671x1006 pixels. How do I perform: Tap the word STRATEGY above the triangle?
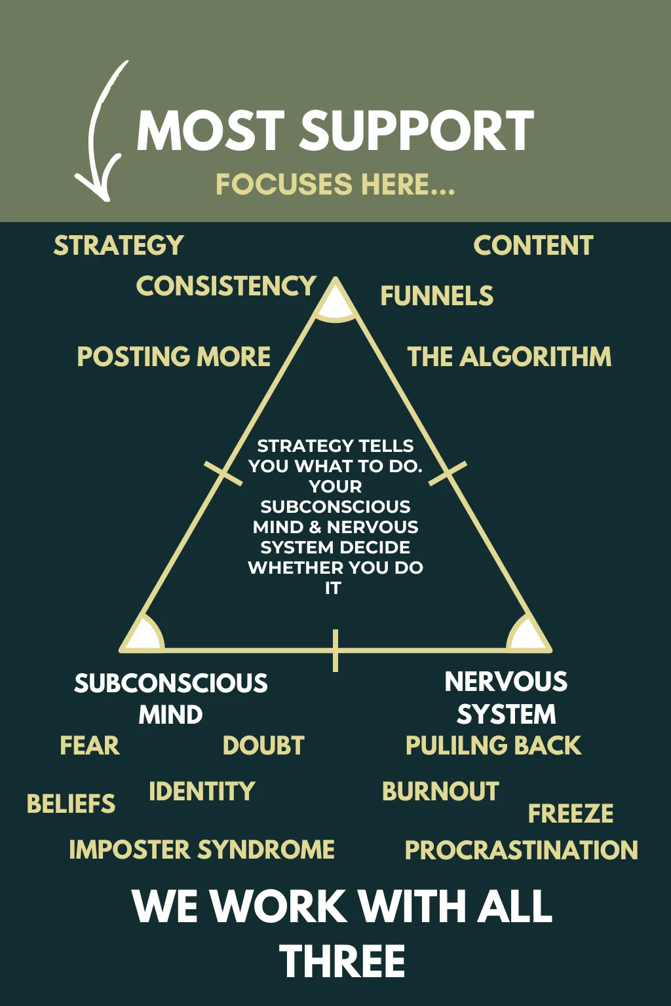[x=119, y=245]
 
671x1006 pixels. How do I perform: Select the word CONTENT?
[x=533, y=245]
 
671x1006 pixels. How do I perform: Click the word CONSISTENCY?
[x=226, y=286]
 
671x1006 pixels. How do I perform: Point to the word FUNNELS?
[x=437, y=295]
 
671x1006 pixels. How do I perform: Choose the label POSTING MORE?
[x=174, y=356]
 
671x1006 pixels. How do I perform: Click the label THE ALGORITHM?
[x=509, y=356]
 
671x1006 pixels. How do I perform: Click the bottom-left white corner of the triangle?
[x=144, y=634]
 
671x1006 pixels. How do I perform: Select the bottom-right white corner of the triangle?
[x=527, y=634]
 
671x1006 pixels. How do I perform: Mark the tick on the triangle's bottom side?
[x=335, y=651]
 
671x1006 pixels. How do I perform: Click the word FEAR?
[x=90, y=745]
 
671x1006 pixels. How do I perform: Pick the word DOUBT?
[x=263, y=745]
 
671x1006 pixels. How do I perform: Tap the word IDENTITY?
[x=202, y=791]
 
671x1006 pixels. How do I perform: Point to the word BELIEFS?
[x=71, y=804]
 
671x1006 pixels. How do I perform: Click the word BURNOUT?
[x=440, y=791]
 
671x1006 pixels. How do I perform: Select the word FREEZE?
[x=570, y=813]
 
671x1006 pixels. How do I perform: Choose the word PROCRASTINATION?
[x=522, y=850]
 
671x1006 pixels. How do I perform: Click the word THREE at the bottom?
[x=342, y=961]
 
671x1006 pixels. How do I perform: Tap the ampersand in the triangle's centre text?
[x=315, y=527]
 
